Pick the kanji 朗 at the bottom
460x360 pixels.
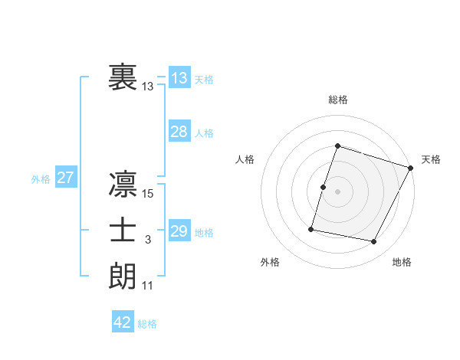[x=123, y=275]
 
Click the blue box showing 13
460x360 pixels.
[x=179, y=78]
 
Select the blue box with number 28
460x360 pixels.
[x=179, y=132]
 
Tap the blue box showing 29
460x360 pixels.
[x=179, y=231]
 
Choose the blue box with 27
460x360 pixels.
[x=66, y=178]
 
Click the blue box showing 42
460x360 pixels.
[x=123, y=322]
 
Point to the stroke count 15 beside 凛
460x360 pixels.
[x=148, y=195]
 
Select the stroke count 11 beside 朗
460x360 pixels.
[x=148, y=286]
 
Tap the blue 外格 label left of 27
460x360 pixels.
[x=41, y=179]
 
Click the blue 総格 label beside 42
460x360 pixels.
[x=147, y=324]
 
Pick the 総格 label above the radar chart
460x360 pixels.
[x=337, y=100]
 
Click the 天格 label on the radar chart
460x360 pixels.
[x=431, y=159]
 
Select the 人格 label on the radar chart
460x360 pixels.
[x=245, y=159]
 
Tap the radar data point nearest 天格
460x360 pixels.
[x=411, y=168]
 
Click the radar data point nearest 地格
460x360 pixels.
[x=374, y=242]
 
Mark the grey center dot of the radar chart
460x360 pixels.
[x=337, y=191]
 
